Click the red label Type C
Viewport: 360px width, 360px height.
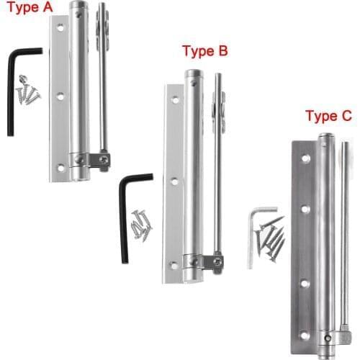coord(328,116)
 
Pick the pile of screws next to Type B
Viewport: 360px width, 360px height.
coord(142,224)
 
